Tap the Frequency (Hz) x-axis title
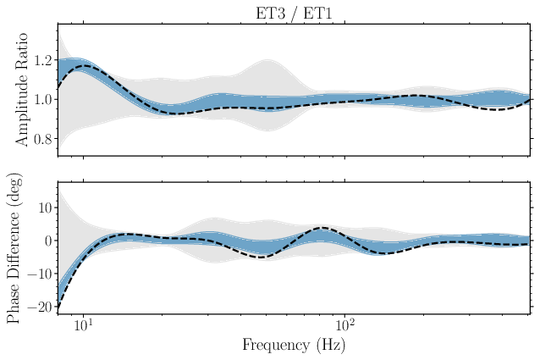click(294, 345)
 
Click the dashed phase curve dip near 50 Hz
click(265, 257)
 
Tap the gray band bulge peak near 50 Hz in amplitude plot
click(269, 60)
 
